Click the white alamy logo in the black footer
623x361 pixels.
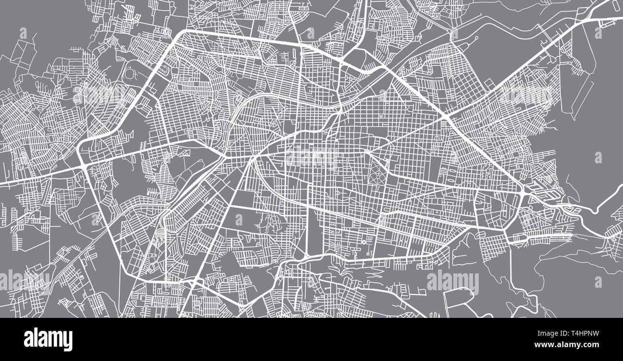(x=48, y=339)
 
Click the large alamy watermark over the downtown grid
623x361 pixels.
(x=312, y=158)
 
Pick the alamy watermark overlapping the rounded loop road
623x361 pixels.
(x=452, y=282)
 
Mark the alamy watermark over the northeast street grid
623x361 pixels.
(x=527, y=95)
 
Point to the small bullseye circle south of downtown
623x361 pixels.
(x=364, y=242)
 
